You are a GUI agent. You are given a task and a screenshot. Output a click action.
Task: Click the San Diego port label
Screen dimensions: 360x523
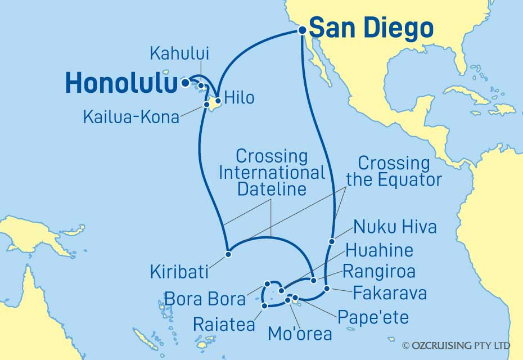[372, 28]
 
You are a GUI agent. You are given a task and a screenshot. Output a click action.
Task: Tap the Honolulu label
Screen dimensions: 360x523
[118, 83]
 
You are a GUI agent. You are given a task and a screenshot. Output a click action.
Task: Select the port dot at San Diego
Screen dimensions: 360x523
[302, 31]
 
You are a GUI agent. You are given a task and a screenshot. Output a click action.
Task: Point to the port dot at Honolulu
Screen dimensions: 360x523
[185, 83]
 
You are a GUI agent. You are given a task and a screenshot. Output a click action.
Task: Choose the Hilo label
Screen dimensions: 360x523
[239, 97]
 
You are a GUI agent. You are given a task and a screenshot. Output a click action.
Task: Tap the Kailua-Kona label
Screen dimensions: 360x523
[131, 117]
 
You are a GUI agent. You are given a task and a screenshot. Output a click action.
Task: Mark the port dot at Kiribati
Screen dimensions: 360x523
[228, 254]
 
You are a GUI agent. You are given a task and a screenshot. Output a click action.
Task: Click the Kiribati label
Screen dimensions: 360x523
[179, 272]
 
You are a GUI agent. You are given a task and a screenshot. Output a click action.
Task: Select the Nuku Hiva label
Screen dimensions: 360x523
[395, 228]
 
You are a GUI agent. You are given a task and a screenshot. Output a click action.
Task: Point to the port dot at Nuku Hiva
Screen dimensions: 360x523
[332, 241]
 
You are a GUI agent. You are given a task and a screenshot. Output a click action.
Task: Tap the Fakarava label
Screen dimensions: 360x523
[390, 292]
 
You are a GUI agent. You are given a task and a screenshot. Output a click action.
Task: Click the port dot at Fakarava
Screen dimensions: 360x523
[327, 289]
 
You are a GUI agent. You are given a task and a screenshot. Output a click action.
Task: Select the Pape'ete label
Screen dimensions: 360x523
[373, 317]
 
